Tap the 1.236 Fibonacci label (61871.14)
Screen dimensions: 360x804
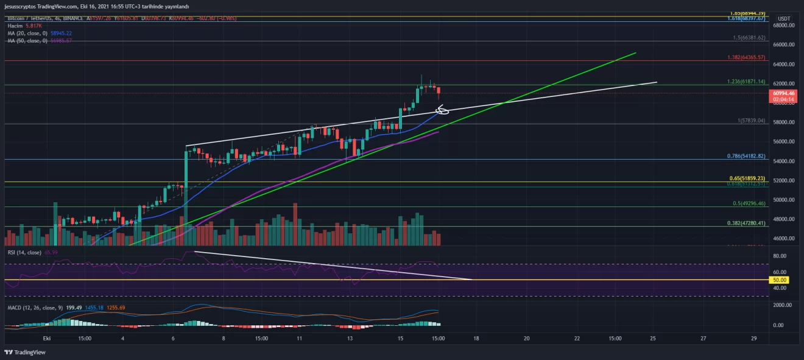tap(746, 82)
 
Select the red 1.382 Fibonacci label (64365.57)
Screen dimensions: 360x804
tap(746, 57)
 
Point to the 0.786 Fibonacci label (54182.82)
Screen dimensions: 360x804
tap(746, 156)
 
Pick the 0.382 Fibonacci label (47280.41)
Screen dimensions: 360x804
tap(746, 223)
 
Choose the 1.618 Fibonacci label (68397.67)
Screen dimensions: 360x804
tap(746, 19)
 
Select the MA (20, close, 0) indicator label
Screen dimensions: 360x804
tap(27, 33)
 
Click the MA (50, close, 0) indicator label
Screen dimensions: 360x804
tap(27, 40)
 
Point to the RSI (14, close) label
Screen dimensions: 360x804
tap(24, 252)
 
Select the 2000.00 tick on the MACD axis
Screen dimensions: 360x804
tap(783, 305)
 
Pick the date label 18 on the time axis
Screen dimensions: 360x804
tap(476, 338)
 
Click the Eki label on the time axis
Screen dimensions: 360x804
tap(47, 338)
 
